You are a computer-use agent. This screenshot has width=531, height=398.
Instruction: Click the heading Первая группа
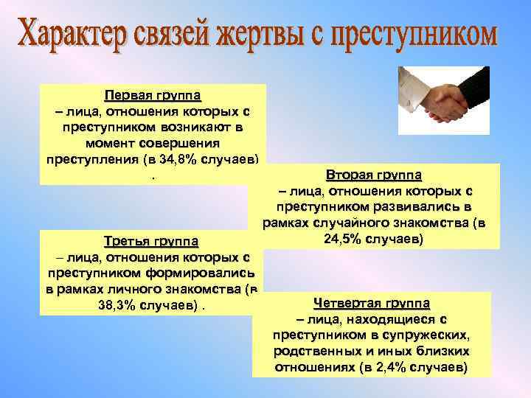[x=153, y=96]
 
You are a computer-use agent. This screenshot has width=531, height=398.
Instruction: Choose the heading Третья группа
[x=151, y=241]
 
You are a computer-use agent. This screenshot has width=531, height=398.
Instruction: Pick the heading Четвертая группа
[x=372, y=303]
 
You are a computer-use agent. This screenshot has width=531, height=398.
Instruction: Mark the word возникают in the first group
[x=192, y=128]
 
